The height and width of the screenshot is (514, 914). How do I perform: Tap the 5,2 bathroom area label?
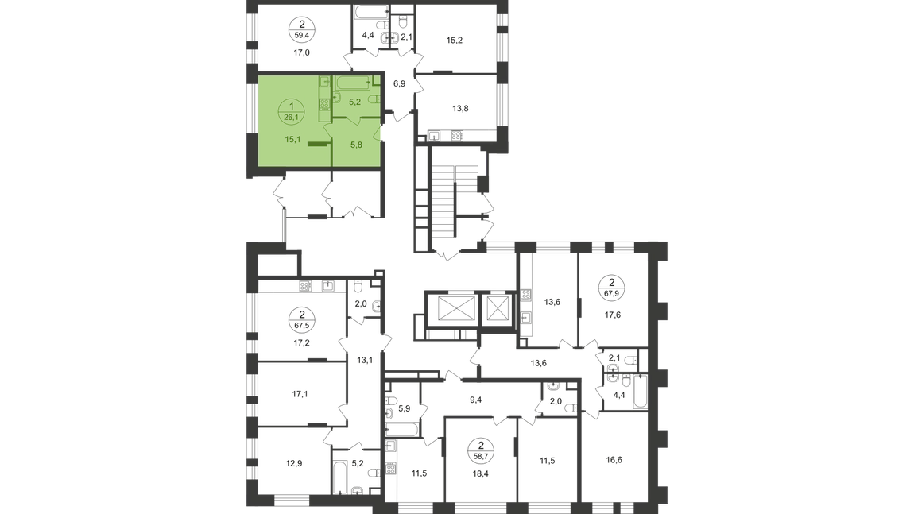(x=357, y=102)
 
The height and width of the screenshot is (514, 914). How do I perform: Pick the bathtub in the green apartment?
(x=350, y=82)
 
